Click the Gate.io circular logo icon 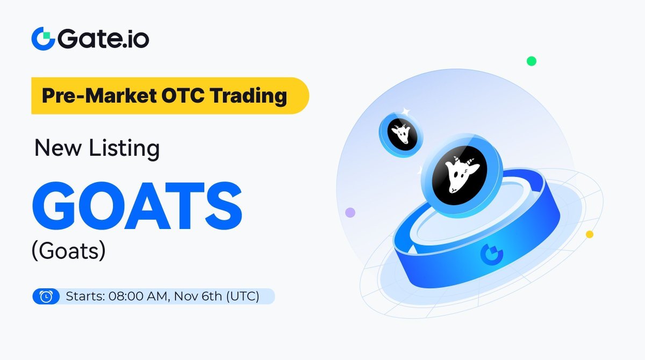[x=43, y=39]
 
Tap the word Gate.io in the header [x=102, y=39]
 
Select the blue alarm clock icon [x=46, y=296]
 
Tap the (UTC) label [x=241, y=296]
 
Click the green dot [x=531, y=61]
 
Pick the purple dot [x=350, y=212]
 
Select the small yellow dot [x=589, y=234]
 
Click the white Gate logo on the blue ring [x=489, y=251]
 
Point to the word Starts [x=84, y=296]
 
